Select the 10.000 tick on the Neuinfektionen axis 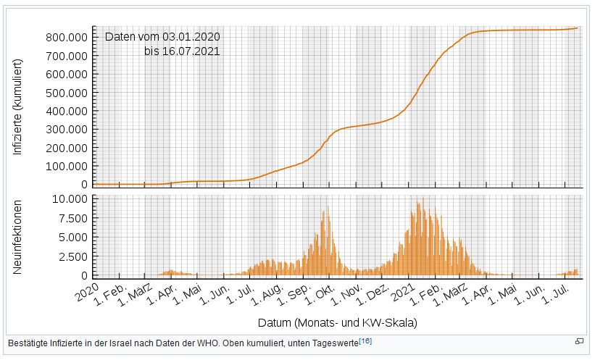[71, 198]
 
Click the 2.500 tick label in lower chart [74, 256]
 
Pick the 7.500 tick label [74, 218]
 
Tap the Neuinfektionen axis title [18, 237]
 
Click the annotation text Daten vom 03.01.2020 [162, 37]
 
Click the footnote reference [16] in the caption [365, 340]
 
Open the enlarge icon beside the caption [579, 341]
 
